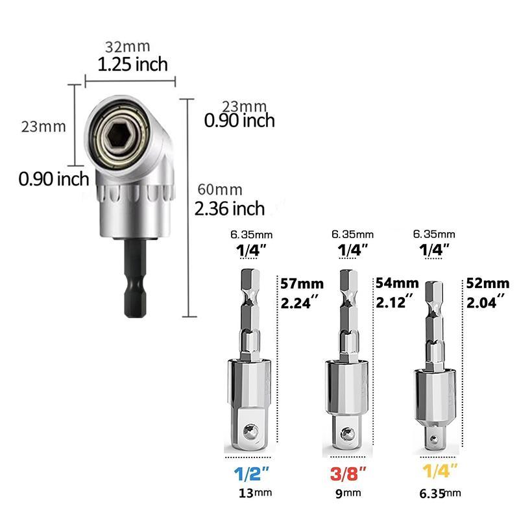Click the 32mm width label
128,47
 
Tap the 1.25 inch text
132,64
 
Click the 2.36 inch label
230,208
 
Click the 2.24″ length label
300,302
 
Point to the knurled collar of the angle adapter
134,194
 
